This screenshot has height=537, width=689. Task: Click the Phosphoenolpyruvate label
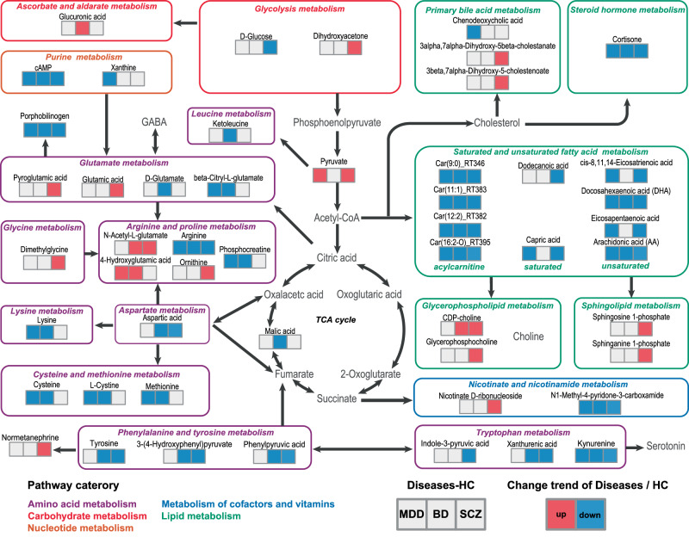click(x=337, y=123)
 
